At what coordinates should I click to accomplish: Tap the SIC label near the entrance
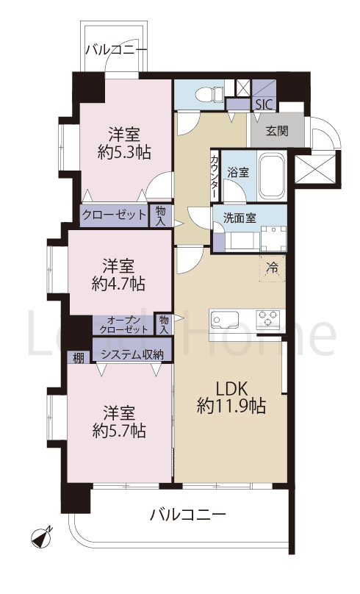coord(262,105)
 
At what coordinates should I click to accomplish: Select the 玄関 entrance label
coord(276,132)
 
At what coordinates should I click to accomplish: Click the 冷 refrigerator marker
coord(271,268)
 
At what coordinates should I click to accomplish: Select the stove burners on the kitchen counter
coord(267,320)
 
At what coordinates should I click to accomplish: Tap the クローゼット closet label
coord(114,215)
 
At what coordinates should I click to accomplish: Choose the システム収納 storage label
coord(132,355)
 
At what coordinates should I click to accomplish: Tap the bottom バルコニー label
coord(187,514)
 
